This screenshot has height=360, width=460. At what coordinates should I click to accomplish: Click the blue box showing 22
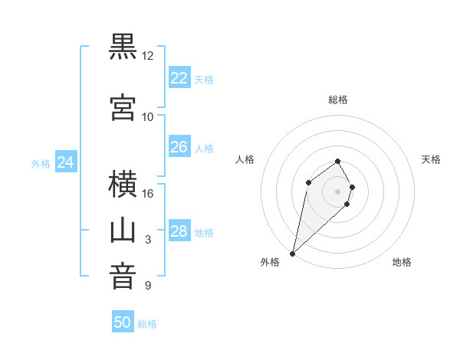[x=179, y=78]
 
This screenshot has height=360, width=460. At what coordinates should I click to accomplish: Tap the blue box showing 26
[x=179, y=147]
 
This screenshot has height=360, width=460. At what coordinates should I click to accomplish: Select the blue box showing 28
[x=179, y=231]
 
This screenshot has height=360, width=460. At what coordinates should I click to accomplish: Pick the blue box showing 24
[x=66, y=162]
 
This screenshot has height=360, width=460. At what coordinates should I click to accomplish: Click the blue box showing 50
[x=123, y=322]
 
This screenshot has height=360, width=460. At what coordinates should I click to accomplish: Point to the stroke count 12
[x=148, y=56]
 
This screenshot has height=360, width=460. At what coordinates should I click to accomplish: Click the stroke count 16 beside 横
[x=148, y=193]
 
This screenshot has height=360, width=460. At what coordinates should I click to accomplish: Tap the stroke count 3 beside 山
[x=148, y=240]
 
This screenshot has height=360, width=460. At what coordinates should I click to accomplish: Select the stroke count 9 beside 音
[x=148, y=286]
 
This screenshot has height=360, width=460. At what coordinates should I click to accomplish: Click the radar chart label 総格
[x=338, y=100]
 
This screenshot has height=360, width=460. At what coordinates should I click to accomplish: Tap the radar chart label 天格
[x=432, y=159]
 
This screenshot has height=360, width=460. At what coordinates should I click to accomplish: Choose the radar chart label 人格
[x=245, y=159]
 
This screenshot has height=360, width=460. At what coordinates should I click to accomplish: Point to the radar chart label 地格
[x=402, y=262]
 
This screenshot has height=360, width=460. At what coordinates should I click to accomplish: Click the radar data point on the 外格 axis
[x=292, y=254]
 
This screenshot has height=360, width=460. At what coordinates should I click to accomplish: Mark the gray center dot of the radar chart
[x=338, y=191]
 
